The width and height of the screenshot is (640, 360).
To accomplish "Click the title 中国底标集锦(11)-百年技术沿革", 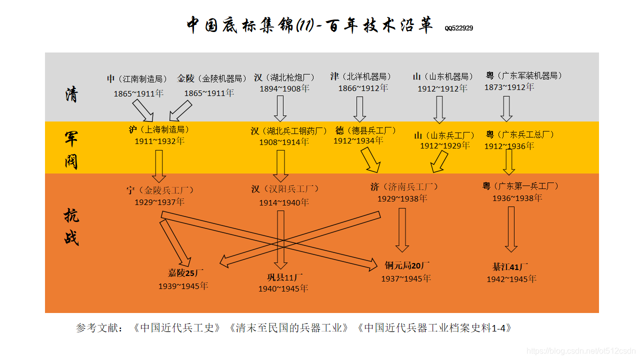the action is click(x=309, y=25).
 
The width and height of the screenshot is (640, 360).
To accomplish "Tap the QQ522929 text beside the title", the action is click(x=458, y=28).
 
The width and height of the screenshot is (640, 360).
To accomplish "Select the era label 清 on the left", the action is click(x=71, y=94).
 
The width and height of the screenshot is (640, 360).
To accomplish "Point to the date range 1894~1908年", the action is click(x=284, y=89).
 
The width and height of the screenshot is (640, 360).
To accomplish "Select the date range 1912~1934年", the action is click(x=358, y=141).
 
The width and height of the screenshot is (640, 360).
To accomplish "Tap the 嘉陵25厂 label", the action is click(x=185, y=273).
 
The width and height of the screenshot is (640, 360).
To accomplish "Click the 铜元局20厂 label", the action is click(x=407, y=265).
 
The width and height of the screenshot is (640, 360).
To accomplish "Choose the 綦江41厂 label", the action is click(x=510, y=266).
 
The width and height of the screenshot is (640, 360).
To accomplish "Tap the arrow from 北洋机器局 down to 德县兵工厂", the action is click(x=359, y=109).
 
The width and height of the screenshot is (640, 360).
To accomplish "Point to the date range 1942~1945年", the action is click(x=511, y=279).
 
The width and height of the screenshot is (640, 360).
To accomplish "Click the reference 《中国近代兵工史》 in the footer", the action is click(x=177, y=328).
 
